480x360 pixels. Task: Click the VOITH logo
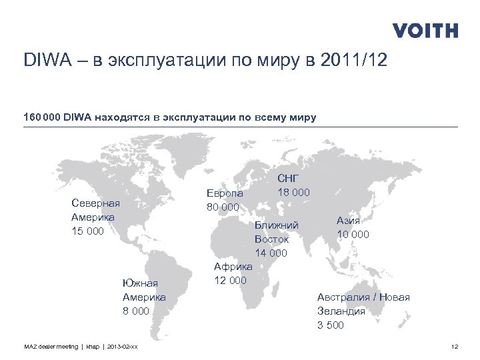[x=425, y=31]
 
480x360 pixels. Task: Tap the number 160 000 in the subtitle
[x=42, y=118]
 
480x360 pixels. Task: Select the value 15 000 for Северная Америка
[x=87, y=231]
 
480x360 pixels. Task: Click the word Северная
[x=95, y=203]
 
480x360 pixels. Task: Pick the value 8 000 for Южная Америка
[x=135, y=310]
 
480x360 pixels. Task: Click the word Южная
[x=140, y=283]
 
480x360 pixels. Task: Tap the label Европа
[x=225, y=193]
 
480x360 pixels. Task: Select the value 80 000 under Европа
[x=223, y=207]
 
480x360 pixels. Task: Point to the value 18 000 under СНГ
[x=293, y=192]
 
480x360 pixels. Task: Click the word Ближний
[x=276, y=225]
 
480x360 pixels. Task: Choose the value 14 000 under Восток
[x=271, y=253]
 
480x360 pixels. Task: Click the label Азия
[x=349, y=221]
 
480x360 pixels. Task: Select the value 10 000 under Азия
[x=353, y=234]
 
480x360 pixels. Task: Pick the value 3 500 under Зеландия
[x=331, y=325]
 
